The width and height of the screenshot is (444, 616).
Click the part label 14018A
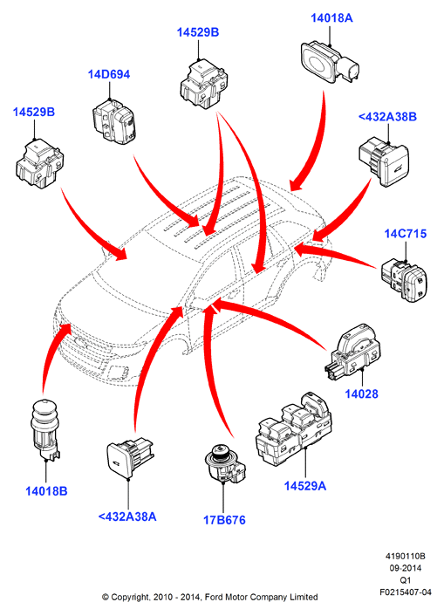click(331, 18)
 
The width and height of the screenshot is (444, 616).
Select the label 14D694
click(109, 74)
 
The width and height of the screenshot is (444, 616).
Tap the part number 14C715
click(405, 234)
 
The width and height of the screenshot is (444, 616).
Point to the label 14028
click(361, 394)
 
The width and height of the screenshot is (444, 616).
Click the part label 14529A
click(305, 486)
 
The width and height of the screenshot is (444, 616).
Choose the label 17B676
click(224, 520)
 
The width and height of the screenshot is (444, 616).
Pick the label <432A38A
click(127, 517)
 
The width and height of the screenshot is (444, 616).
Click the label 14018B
click(46, 491)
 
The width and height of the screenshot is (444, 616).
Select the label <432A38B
click(387, 117)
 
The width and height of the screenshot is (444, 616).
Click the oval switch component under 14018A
click(330, 63)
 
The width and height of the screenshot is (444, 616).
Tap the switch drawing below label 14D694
click(114, 121)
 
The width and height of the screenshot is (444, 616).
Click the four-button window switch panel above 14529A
click(293, 429)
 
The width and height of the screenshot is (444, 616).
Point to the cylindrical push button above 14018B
click(44, 429)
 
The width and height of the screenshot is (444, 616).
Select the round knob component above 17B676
click(225, 463)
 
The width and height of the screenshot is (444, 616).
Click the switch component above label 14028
click(352, 353)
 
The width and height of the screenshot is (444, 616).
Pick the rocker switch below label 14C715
click(404, 280)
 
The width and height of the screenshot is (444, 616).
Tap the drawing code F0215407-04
click(405, 592)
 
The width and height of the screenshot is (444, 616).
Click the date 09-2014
click(405, 568)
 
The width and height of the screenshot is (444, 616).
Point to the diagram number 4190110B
click(405, 557)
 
